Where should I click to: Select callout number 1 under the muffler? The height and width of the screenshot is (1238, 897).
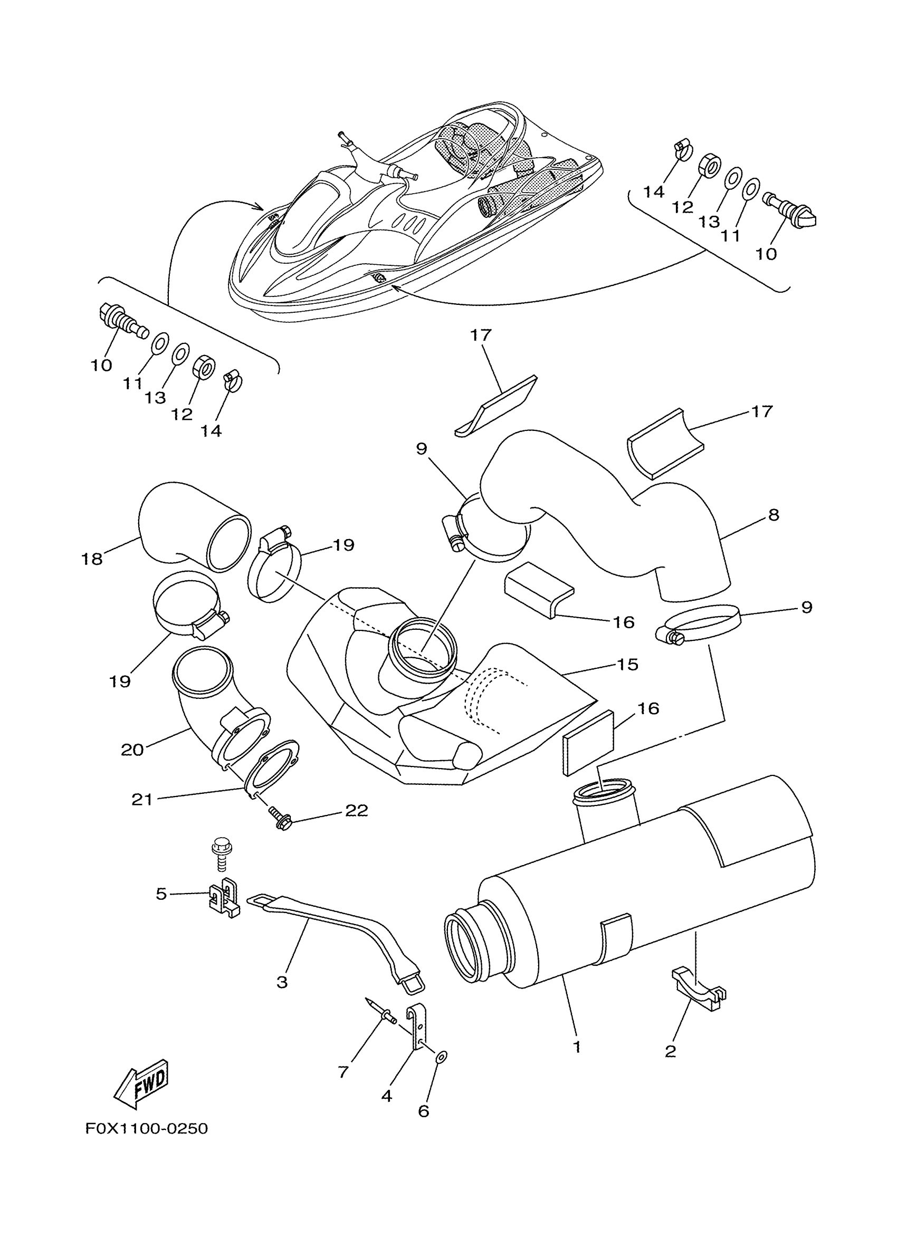coord(577,1047)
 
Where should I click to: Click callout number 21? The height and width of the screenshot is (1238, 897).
coord(142,800)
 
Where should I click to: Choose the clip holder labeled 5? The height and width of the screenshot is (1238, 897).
coord(224,898)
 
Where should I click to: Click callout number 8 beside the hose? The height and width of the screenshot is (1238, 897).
coord(773,515)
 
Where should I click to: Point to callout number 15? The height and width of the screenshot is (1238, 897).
coord(627,664)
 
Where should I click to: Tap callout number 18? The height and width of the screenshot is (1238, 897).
coord(92,559)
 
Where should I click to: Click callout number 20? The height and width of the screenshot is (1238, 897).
coord(132,750)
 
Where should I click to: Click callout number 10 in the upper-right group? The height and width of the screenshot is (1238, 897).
coord(766,254)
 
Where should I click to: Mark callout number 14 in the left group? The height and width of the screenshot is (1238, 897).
coord(211,431)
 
